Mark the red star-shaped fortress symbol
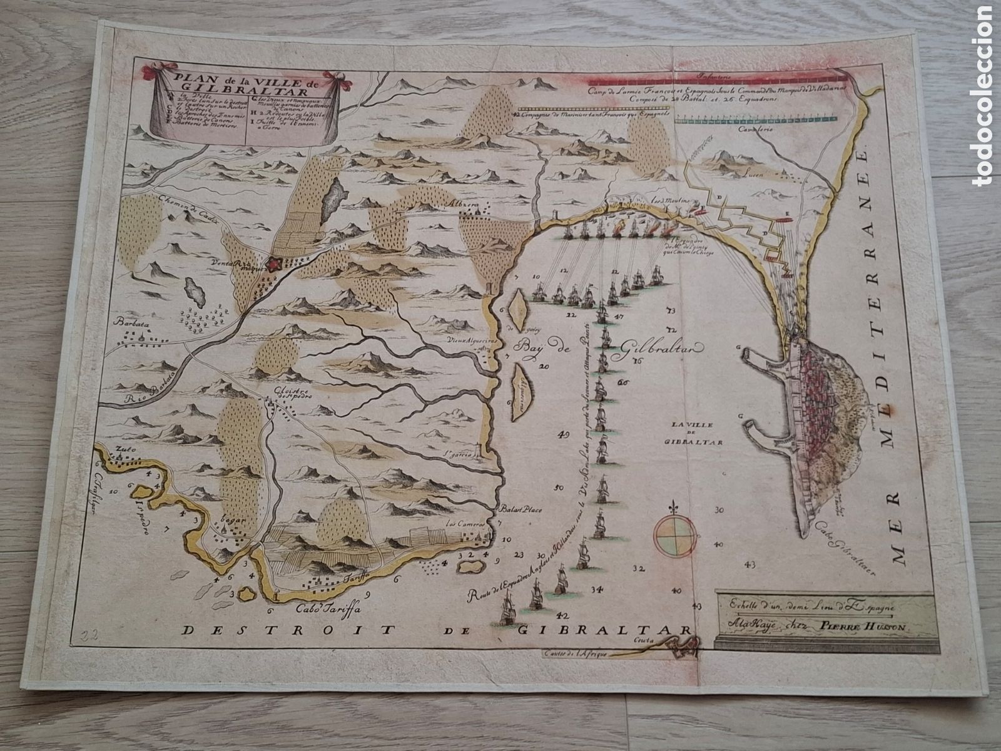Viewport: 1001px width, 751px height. [273, 265]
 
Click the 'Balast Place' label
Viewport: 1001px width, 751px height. [521, 509]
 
